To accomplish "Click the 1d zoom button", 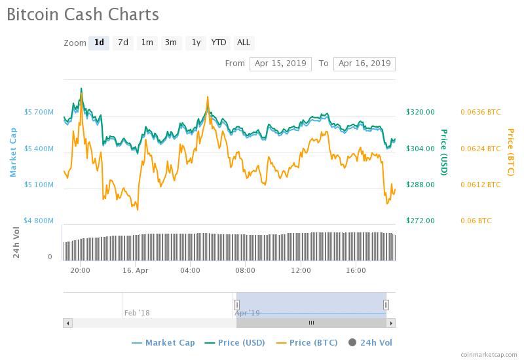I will tap(99, 43).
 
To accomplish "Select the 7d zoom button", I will tap(122, 43).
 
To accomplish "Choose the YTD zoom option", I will tap(219, 43).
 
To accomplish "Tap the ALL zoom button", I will tap(244, 43).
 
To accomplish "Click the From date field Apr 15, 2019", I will tap(280, 63).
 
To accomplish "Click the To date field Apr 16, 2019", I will tap(364, 63).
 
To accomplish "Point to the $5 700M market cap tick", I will tap(39, 113).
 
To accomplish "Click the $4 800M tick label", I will tap(39, 221).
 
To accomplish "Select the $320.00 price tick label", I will tap(421, 112).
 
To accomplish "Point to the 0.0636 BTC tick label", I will tap(480, 112).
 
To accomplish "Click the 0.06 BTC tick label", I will tap(476, 221).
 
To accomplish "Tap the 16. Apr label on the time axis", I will tap(136, 270).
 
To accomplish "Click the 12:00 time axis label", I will tap(301, 270).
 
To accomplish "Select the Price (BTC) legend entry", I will tap(307, 342).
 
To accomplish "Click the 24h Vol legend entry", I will tap(371, 342).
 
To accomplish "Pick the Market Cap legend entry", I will tap(164, 342).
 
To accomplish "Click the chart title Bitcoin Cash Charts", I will tap(83, 14).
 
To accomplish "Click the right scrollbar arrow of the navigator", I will tap(391, 323).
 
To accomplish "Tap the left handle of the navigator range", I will tap(237, 304).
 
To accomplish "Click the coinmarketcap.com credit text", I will tap(489, 354).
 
